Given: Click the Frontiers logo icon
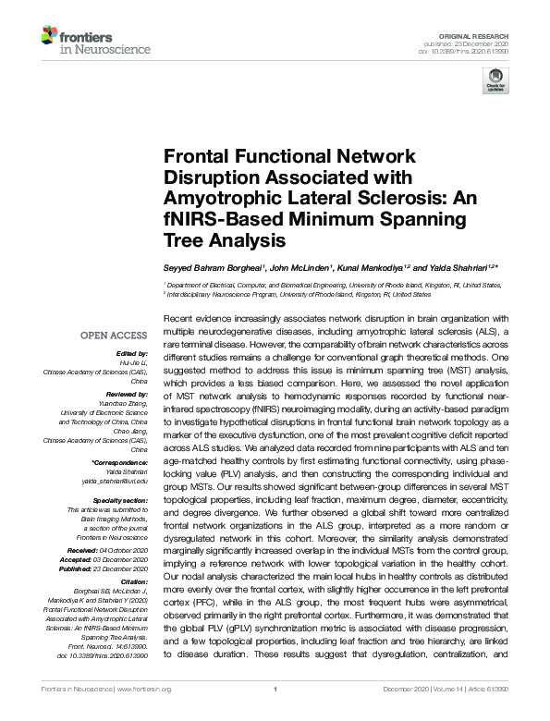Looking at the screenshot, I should tap(48, 36).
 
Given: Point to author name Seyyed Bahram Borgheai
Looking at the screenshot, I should tap(211, 269).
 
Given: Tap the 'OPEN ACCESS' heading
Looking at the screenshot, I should tap(116, 336).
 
